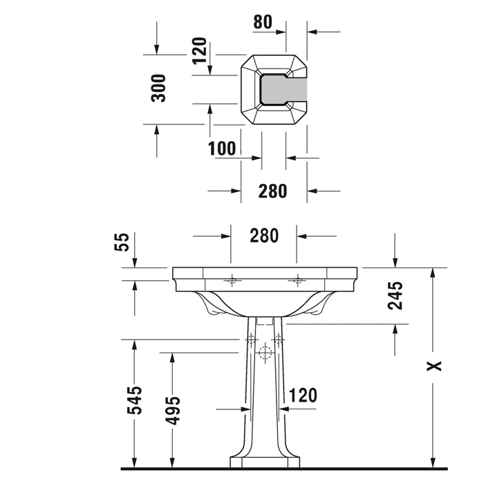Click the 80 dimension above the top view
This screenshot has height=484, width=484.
(x=263, y=21)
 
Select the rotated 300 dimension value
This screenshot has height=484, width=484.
(x=159, y=88)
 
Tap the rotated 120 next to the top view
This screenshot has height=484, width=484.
(x=200, y=50)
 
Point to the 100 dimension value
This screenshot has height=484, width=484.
(x=222, y=148)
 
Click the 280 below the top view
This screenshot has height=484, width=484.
(x=272, y=191)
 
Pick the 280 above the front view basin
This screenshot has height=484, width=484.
(x=263, y=236)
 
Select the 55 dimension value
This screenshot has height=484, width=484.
(x=122, y=241)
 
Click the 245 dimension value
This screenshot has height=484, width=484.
(x=395, y=295)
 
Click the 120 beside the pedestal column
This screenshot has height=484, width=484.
(x=303, y=395)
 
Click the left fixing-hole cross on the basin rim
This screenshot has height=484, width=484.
(x=232, y=280)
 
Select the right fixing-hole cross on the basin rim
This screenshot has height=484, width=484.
(x=298, y=280)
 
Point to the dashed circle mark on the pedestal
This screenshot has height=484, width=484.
(x=263, y=353)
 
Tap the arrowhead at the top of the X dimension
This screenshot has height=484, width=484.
(x=433, y=272)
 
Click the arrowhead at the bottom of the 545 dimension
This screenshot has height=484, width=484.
(x=134, y=464)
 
